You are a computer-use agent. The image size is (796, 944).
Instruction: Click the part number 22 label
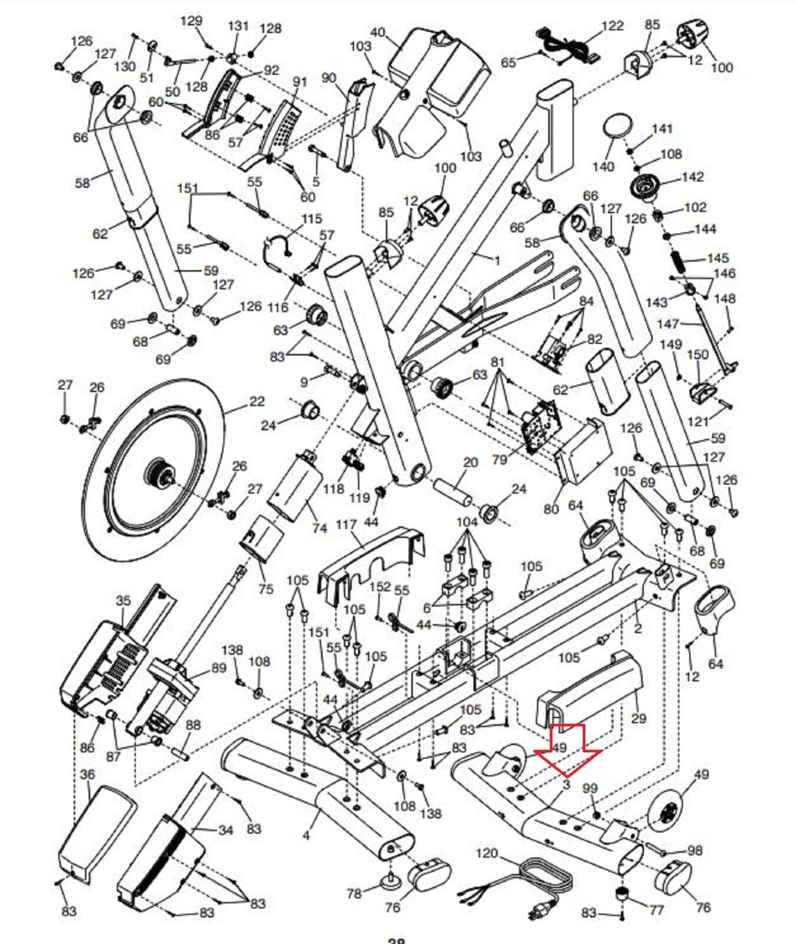coord(257,402)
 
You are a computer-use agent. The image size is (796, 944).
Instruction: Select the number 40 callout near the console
coord(378,32)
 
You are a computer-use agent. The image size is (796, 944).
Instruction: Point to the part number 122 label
coord(612,26)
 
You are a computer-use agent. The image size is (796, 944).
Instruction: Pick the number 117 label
coord(346,525)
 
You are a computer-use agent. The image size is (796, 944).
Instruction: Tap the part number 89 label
coord(219,668)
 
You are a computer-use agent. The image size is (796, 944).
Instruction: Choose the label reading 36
coord(87,774)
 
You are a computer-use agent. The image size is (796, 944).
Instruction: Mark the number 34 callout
coord(226,830)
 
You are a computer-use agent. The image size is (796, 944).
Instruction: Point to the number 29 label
coord(638,719)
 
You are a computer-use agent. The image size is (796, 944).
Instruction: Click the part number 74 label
coord(319,527)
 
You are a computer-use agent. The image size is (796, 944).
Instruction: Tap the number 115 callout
coord(312,219)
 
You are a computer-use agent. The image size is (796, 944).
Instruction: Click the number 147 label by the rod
coord(668,324)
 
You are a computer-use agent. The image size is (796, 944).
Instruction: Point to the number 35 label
coord(123,601)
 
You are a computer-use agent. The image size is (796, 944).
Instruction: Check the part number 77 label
coord(656,910)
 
